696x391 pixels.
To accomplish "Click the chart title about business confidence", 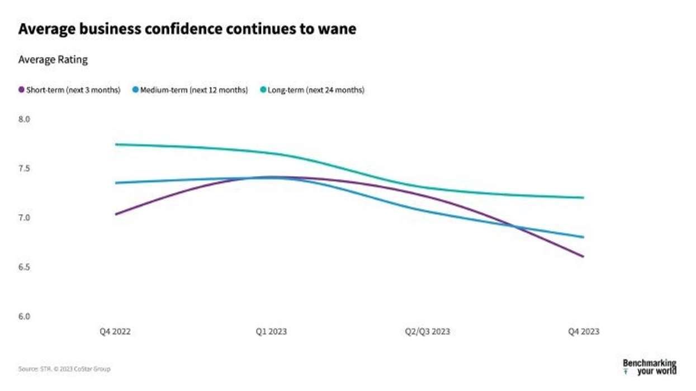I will [x=187, y=29].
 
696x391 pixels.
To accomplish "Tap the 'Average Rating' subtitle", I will [x=53, y=60].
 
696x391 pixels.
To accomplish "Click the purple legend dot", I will [x=22, y=90].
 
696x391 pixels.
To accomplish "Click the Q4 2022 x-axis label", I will [x=115, y=332].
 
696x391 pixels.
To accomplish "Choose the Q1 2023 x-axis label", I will [x=271, y=332].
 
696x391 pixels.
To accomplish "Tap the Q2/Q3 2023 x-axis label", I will [x=427, y=332].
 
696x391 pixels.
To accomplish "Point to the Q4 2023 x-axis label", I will [x=583, y=332].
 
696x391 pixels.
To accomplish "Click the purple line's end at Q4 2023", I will [x=583, y=257].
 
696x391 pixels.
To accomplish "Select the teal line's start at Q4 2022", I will [x=116, y=144].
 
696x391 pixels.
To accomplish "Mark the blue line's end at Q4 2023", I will [x=583, y=237].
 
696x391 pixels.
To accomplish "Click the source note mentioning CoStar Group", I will [x=64, y=369].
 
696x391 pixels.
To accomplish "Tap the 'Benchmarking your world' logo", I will [x=649, y=367].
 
